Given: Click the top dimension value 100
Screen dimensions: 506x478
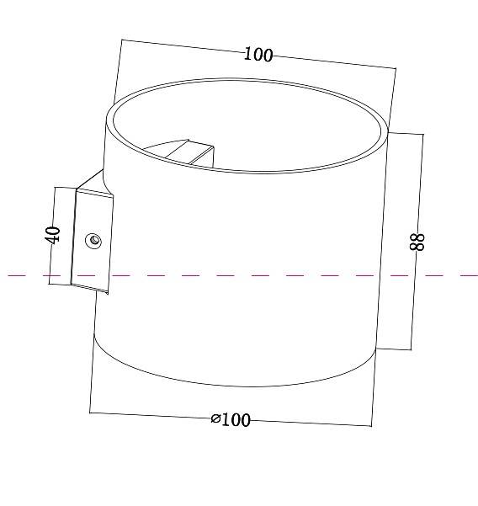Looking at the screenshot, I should tap(258, 55).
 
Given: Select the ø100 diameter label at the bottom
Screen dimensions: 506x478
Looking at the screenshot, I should tap(231, 419).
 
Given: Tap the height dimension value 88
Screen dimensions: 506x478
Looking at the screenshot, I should tap(417, 242).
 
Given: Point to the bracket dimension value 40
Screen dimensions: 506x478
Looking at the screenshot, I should tap(53, 234).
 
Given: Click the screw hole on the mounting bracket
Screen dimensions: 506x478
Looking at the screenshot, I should tap(94, 242).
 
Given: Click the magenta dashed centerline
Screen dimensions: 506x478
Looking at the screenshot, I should tap(252, 274).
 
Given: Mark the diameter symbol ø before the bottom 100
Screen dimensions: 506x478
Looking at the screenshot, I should tap(216, 418).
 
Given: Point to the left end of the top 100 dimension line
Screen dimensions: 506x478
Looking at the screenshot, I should tap(122, 40).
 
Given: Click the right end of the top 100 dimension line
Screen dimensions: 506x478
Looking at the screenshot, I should tap(395, 67).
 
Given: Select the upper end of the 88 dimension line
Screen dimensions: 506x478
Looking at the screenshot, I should tap(423, 134).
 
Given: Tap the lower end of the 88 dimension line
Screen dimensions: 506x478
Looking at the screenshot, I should tap(411, 349).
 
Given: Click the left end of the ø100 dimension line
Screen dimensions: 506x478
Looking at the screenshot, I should tap(90, 413).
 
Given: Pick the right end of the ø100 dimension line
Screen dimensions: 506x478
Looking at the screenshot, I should tap(371, 425).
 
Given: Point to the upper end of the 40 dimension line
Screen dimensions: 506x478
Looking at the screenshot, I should tap(55, 187).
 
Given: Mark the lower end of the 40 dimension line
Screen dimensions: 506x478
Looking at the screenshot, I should tap(50, 285).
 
